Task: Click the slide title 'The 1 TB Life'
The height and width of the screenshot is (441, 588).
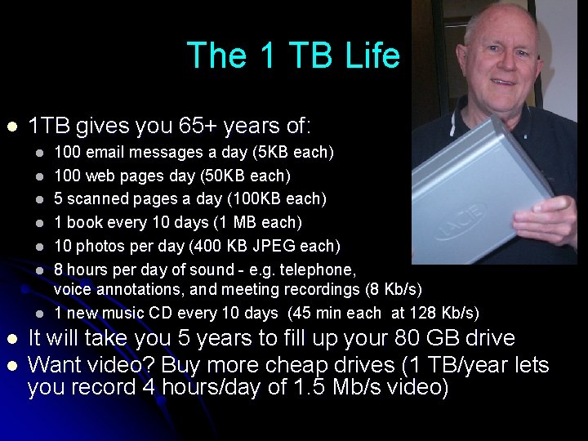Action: tap(293, 56)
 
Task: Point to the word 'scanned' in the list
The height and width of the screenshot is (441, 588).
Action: tap(99, 198)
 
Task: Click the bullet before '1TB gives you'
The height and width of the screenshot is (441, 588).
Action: tap(11, 127)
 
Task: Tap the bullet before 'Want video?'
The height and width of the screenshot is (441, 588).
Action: tap(11, 364)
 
